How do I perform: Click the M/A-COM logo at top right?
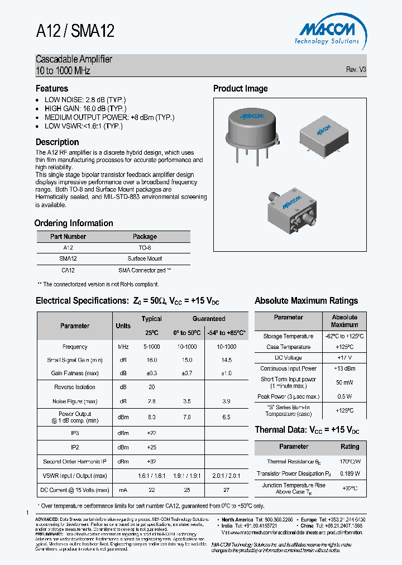pyautogui.click(x=327, y=31)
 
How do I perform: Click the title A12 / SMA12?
pyautogui.click(x=75, y=31)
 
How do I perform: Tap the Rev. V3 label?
pyautogui.click(x=356, y=70)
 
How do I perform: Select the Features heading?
pyautogui.click(x=52, y=88)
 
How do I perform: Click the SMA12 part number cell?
pyautogui.click(x=68, y=258)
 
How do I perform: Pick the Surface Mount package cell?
pyautogui.click(x=145, y=258)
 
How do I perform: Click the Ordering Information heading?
pyautogui.click(x=74, y=223)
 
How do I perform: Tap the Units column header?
pyautogui.click(x=123, y=325)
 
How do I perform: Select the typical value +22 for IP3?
pyautogui.click(x=151, y=433)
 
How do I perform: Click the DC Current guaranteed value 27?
pyautogui.click(x=226, y=490)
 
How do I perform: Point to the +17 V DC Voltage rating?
pyautogui.click(x=344, y=357)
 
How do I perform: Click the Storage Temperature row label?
pyautogui.click(x=288, y=336)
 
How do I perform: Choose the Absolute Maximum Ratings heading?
pyautogui.click(x=306, y=300)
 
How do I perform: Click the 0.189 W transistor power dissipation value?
pyautogui.click(x=350, y=473)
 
